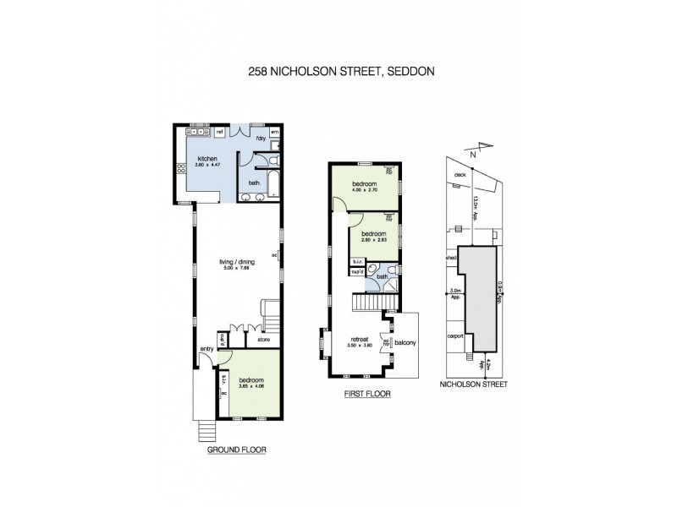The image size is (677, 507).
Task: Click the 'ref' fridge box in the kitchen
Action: (218, 133)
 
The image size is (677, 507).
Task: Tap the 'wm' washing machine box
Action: (275, 132)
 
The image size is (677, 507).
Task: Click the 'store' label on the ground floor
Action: (251, 341)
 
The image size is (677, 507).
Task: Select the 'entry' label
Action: (206, 349)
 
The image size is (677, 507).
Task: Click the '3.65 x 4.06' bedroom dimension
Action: (250, 386)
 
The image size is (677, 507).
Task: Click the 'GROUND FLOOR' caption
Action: (237, 450)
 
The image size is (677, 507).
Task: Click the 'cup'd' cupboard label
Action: (357, 273)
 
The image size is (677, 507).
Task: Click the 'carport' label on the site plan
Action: (455, 335)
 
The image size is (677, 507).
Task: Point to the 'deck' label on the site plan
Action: (461, 176)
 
